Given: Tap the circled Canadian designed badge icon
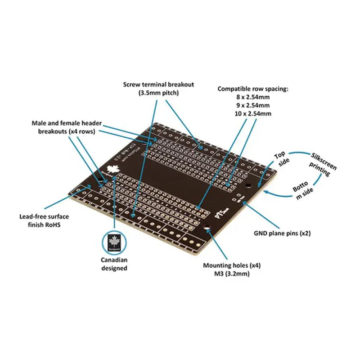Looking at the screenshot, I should [114, 243].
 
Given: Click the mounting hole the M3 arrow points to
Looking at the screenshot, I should [207, 228].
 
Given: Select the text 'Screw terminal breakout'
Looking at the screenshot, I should [159, 85].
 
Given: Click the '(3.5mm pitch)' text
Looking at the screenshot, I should [159, 93].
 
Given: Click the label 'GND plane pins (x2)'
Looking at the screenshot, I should [282, 233].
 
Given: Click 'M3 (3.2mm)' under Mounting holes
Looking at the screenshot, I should [232, 273].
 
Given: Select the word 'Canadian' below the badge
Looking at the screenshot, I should [114, 260].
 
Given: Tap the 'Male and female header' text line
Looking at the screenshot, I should [67, 123].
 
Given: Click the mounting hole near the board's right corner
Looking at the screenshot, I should [247, 185].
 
